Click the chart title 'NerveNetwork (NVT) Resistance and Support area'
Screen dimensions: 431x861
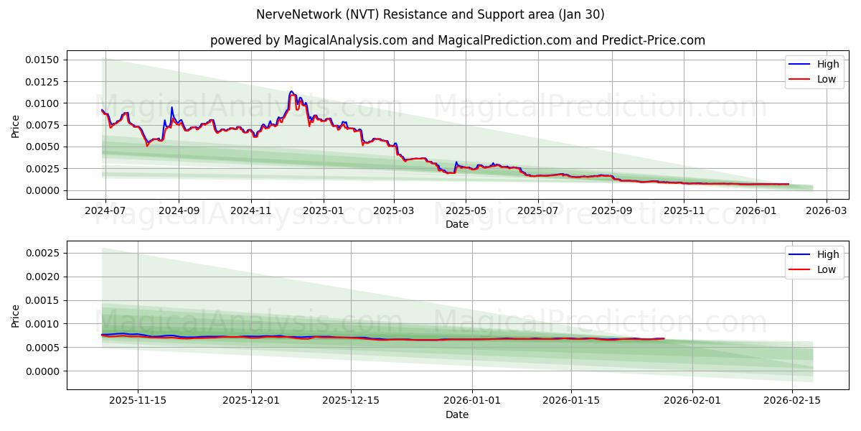pyautogui.click(x=430, y=14)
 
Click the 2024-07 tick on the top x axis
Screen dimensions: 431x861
pyautogui.click(x=105, y=211)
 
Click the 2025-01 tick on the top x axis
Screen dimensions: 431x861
pyautogui.click(x=324, y=211)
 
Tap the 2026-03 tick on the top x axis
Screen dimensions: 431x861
pyautogui.click(x=826, y=211)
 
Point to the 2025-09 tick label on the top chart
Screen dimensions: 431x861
pyautogui.click(x=611, y=211)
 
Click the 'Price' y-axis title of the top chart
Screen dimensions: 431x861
pyautogui.click(x=16, y=125)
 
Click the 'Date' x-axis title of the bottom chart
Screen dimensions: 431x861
pyautogui.click(x=457, y=414)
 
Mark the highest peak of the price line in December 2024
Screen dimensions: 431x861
pyautogui.click(x=291, y=91)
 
